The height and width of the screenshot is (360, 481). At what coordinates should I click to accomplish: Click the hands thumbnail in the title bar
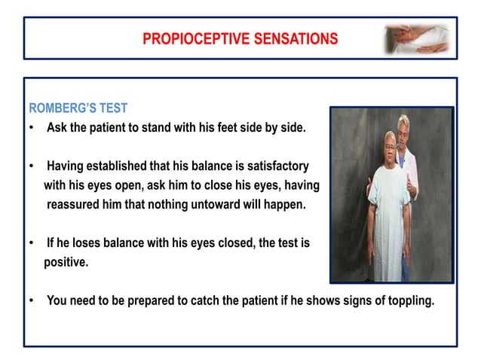pos(418,38)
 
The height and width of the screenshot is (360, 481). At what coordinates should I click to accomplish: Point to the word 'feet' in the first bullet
pos(223,127)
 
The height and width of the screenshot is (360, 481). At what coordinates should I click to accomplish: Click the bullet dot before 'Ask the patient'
pos(31,127)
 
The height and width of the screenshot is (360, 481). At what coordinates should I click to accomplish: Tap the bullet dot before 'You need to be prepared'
pos(31,301)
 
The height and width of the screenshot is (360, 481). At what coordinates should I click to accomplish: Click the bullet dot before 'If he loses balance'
pos(31,243)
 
